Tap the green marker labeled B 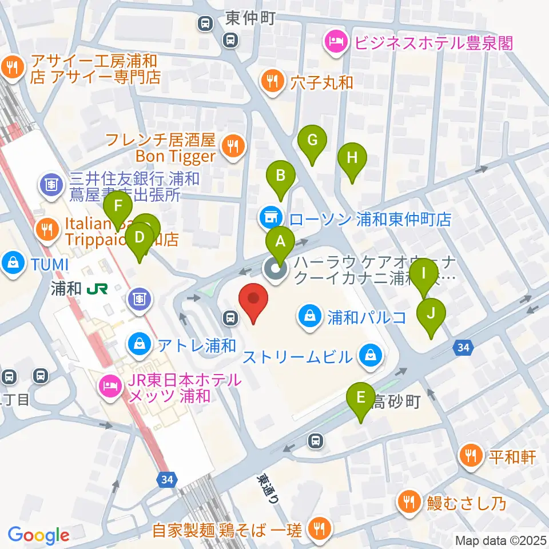280,176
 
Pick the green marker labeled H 352,158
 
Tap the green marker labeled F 118,206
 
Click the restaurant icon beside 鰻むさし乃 410,502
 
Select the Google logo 38,534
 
